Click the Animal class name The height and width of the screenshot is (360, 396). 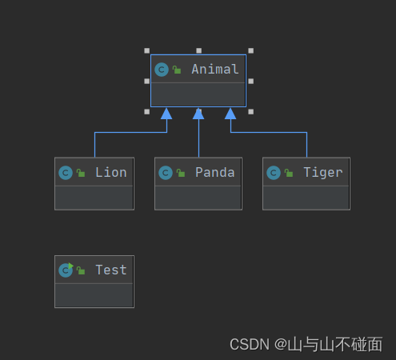214,69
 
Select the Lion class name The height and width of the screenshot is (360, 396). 110,172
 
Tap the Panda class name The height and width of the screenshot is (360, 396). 214,172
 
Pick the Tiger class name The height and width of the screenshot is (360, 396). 322,172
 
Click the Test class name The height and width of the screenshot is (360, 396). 110,270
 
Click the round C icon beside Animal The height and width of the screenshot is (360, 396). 162,70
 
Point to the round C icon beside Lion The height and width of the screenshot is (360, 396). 66,173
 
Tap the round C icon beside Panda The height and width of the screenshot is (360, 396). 166,173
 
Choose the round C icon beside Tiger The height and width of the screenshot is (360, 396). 274,173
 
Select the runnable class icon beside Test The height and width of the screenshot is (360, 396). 66,270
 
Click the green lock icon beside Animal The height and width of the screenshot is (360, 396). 177,70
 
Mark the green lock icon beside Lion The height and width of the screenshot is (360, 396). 81,174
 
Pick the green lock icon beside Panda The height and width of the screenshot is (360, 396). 181,174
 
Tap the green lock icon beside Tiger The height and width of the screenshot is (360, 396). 289,174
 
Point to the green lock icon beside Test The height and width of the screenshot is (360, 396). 81,271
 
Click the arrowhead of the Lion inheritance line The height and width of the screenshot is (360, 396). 166,114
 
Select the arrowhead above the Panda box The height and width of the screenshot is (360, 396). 198,114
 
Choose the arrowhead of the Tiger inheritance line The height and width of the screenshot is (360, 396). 230,114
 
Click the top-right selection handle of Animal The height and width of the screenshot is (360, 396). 250,50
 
